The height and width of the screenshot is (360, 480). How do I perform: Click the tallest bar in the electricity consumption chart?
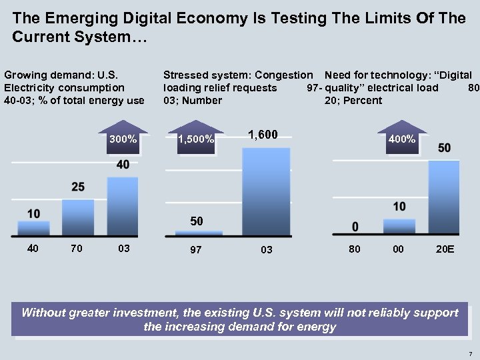123,206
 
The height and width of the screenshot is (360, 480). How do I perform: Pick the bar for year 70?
78,217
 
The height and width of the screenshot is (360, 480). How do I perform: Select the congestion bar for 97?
199,233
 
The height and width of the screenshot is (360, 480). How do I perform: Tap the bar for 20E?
443,197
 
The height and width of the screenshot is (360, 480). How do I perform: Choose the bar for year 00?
399,226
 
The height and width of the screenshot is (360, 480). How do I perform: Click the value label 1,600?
263,135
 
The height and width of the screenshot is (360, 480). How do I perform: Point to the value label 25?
78,187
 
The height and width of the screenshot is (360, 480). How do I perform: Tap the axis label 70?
77,249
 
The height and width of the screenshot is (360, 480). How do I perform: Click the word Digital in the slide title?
149,18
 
